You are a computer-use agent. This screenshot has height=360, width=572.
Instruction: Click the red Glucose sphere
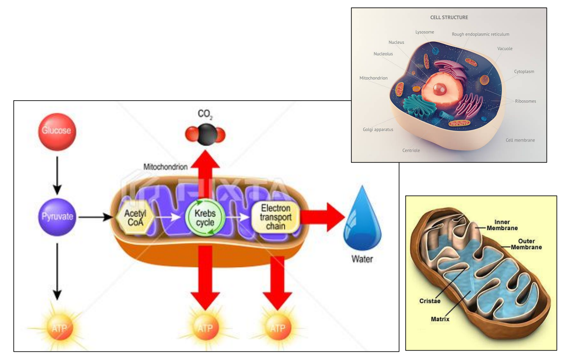coord(57,132)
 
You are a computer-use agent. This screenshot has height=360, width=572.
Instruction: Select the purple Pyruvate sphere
coord(57,217)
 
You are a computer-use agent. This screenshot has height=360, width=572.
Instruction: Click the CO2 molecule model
coord(205,134)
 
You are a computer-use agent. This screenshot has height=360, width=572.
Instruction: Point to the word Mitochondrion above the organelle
coord(165,167)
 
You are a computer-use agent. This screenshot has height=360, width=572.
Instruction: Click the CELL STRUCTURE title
coord(449,17)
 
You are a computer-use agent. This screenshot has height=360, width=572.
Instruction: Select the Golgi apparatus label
coord(378,129)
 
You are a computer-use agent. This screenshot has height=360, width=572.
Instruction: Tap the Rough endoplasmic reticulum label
coord(480,34)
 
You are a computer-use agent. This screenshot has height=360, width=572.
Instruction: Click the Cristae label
coord(430,301)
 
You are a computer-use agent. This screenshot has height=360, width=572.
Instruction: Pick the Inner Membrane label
coord(502,225)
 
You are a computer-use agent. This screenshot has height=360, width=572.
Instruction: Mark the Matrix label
coord(440,319)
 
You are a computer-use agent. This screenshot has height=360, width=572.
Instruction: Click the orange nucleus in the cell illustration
coord(440,89)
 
